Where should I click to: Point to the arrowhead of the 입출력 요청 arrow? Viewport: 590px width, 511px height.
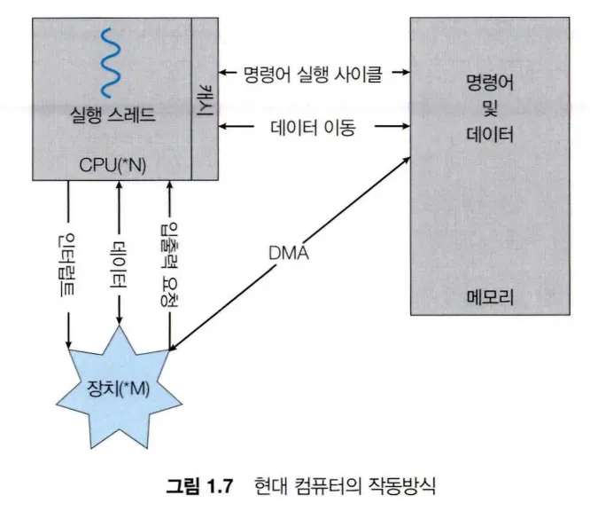click(167, 185)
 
